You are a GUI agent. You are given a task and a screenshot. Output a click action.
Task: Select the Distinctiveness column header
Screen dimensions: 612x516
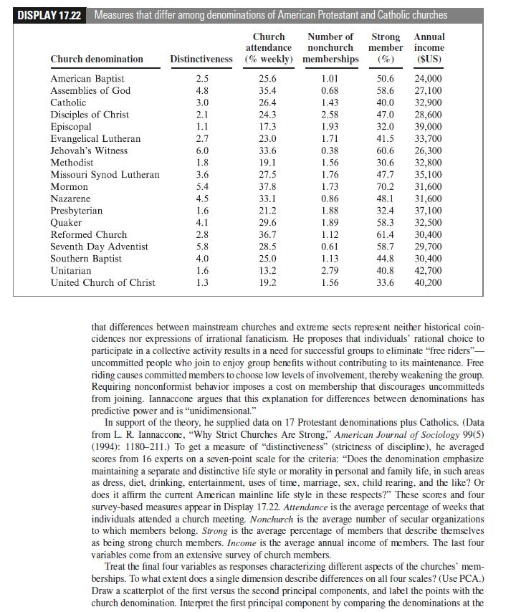[201, 59]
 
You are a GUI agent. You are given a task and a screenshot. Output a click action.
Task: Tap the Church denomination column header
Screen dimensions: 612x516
[97, 59]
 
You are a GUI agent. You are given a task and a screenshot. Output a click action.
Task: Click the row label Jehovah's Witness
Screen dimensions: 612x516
[89, 150]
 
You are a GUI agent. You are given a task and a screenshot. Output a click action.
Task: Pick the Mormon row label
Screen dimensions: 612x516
[70, 186]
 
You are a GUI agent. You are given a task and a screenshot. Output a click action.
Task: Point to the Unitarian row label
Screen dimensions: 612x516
[71, 270]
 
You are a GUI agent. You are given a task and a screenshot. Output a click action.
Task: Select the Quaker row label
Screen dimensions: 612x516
[66, 222]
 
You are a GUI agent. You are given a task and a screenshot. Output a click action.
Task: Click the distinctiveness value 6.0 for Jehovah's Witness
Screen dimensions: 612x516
[202, 150]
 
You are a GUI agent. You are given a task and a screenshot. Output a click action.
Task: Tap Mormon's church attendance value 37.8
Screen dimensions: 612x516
[269, 186]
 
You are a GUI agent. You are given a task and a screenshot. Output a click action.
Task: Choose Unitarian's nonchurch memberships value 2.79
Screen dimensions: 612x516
[330, 270]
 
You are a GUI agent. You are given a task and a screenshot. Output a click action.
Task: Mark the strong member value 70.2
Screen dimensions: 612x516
[385, 186]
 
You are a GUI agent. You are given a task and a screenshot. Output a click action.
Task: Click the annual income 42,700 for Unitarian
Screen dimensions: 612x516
[429, 270]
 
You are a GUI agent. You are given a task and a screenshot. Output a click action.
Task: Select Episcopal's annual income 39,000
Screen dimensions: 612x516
[429, 127]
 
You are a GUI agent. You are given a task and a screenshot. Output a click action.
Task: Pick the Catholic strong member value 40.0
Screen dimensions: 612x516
[385, 102]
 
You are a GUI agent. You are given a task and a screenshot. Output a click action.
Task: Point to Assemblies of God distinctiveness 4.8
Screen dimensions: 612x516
[202, 90]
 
